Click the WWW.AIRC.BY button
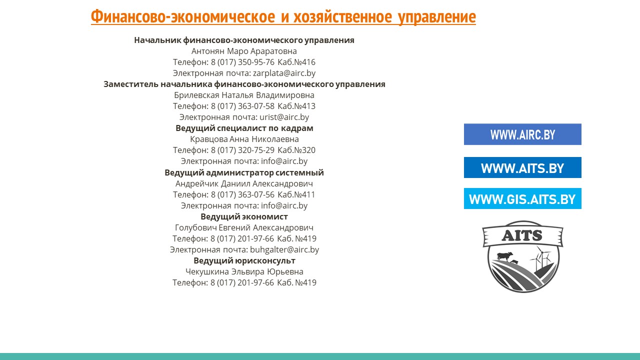coord(522,134)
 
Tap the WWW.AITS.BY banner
coord(522,167)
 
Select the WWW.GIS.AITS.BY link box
coord(522,198)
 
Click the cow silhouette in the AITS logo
coord(504,256)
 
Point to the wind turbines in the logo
coord(541,258)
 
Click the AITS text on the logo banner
coord(522,235)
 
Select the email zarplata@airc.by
coord(284,73)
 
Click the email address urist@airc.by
coord(284,117)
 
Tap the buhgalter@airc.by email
coord(284,249)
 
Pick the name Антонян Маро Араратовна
coord(244,51)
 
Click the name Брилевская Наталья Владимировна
coord(244,95)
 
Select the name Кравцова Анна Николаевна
coord(244,139)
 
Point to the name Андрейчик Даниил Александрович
coord(244,183)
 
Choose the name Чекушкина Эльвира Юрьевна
coord(244,271)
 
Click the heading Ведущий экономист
coord(244,217)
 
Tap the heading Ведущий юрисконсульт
coord(244,261)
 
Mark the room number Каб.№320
coord(296,150)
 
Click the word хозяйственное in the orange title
coord(342,16)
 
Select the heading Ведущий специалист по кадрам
coord(244,128)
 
